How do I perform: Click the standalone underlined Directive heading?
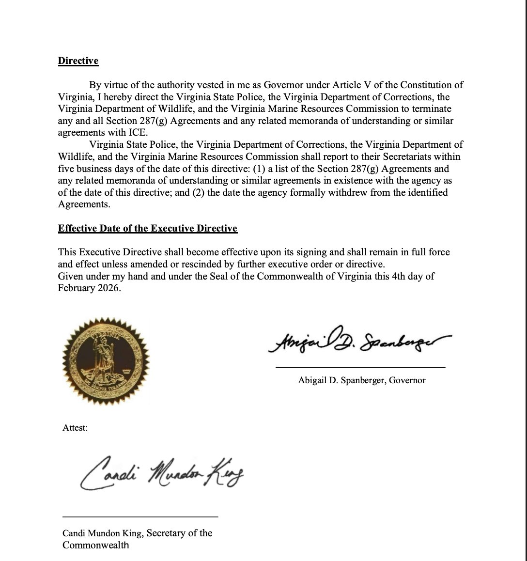click(78, 61)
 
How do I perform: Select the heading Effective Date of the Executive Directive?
click(148, 228)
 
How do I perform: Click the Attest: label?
click(75, 428)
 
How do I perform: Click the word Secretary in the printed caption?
click(165, 533)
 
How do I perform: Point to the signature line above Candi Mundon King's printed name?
click(140, 516)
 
